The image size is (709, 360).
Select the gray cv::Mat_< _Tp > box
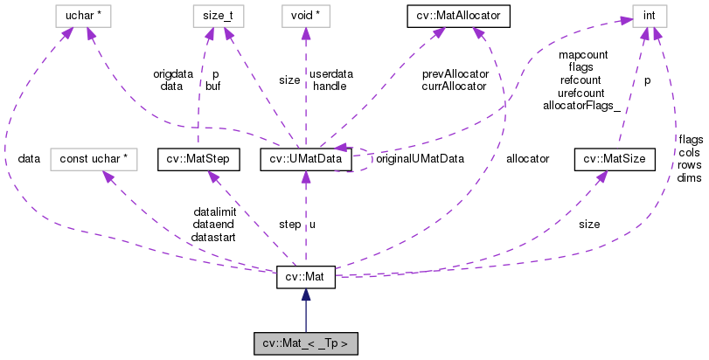click(305, 342)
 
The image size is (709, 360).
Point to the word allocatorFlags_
click(580, 106)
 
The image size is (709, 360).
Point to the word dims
click(689, 178)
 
